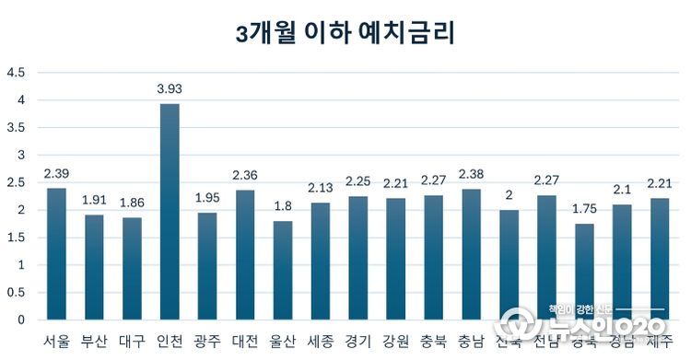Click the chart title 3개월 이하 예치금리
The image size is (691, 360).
click(x=345, y=34)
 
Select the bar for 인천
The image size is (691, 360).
click(x=170, y=212)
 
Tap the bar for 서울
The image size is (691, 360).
click(x=56, y=254)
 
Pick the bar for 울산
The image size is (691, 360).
click(x=283, y=271)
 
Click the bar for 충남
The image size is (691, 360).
click(x=472, y=254)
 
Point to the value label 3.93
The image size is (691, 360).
click(x=170, y=88)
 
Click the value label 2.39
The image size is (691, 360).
click(x=56, y=174)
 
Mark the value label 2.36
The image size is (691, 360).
click(x=245, y=176)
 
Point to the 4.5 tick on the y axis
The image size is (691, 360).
click(x=17, y=72)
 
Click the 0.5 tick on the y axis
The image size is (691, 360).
click(x=17, y=293)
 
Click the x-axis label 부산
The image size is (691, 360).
click(x=94, y=342)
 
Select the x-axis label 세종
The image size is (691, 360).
click(x=321, y=342)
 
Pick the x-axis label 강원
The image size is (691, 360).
click(x=396, y=342)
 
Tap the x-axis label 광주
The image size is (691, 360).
click(x=207, y=342)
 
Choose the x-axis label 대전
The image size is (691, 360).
click(x=245, y=342)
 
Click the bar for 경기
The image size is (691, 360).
click(x=358, y=258)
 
